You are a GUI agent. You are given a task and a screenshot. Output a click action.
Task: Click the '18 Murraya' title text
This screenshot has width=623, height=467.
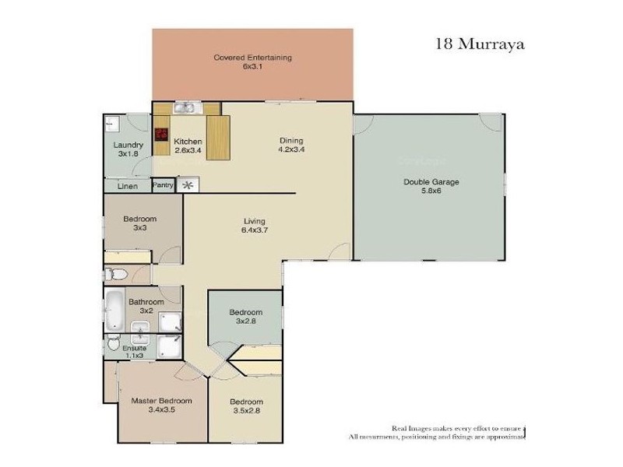479,44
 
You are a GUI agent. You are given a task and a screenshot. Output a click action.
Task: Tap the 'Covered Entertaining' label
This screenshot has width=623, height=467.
252,58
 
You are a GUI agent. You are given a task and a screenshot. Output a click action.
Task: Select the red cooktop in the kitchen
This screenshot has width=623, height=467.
161,133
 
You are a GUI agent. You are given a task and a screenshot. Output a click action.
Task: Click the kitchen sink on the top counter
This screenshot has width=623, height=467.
185,108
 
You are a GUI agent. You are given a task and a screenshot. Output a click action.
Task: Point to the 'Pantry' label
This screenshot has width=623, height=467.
163,185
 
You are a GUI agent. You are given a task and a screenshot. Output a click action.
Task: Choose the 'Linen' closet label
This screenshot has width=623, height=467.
128,187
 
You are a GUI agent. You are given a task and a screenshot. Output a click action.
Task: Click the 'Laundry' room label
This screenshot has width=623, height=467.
128,145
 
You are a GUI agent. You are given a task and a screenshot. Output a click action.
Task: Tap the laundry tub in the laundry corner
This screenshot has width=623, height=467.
113,122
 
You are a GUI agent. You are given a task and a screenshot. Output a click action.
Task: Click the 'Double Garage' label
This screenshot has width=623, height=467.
431,182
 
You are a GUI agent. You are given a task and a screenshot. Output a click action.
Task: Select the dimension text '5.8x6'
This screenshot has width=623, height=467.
431,191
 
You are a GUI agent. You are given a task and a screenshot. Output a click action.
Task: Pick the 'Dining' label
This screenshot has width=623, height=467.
291,141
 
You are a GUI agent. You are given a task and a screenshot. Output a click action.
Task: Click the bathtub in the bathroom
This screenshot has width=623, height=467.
114,309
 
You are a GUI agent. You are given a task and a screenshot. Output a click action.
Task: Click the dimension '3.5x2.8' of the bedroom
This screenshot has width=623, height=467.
245,413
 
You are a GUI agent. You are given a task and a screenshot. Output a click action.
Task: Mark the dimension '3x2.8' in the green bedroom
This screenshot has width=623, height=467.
245,321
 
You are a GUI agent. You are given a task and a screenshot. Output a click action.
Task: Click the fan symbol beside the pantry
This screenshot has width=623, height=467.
187,185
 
